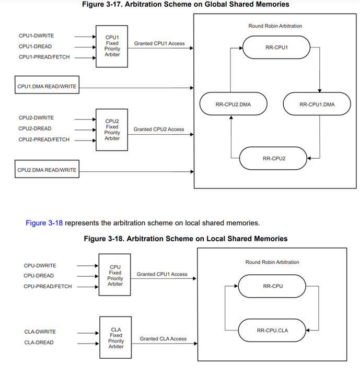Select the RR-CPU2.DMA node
pyautogui.click(x=233, y=104)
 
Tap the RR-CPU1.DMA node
pyautogui.click(x=317, y=104)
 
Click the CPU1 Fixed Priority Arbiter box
pyautogui.click(x=112, y=46)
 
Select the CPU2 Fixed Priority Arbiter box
pyautogui.click(x=112, y=130)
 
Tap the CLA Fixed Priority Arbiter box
pyautogui.click(x=115, y=337)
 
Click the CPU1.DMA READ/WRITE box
pyautogui.click(x=47, y=86)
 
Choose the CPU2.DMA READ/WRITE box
pyautogui.click(x=47, y=170)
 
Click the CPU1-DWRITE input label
pyautogui.click(x=36, y=36)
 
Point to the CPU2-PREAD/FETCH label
pyautogui.click(x=43, y=139)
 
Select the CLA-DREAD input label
pyautogui.click(x=39, y=343)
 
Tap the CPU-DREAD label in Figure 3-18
pyautogui.click(x=39, y=276)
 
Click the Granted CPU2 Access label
pyautogui.click(x=159, y=129)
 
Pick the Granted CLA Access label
pyautogui.click(x=163, y=339)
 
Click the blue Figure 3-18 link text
pyautogui.click(x=44, y=223)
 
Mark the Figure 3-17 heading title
pyautogui.click(x=185, y=4)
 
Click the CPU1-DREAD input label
pyautogui.click(x=35, y=46)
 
